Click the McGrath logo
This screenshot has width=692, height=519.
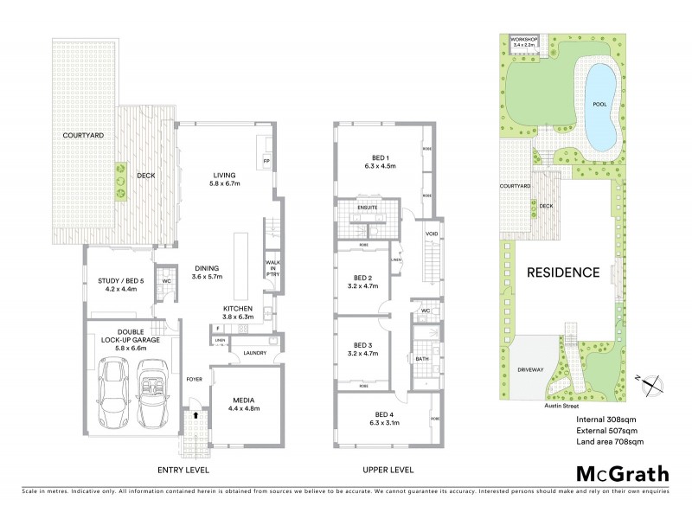click(x=622, y=473)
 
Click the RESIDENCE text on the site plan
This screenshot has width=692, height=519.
click(x=563, y=272)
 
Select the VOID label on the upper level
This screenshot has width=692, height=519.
click(x=431, y=234)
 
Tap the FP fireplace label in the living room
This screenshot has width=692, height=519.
click(x=265, y=161)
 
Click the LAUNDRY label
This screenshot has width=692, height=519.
click(x=254, y=353)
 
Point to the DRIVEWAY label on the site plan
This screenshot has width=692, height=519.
click(x=530, y=369)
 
